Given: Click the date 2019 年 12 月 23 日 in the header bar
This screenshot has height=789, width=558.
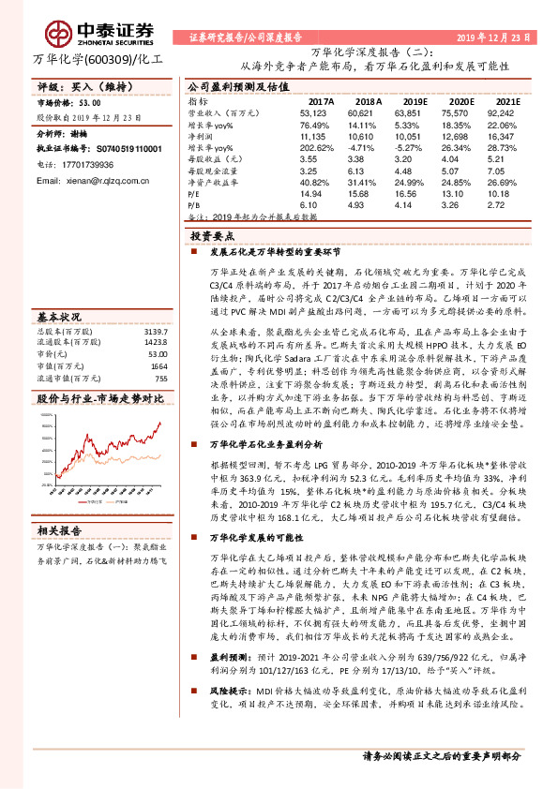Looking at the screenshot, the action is coord(493,38).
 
